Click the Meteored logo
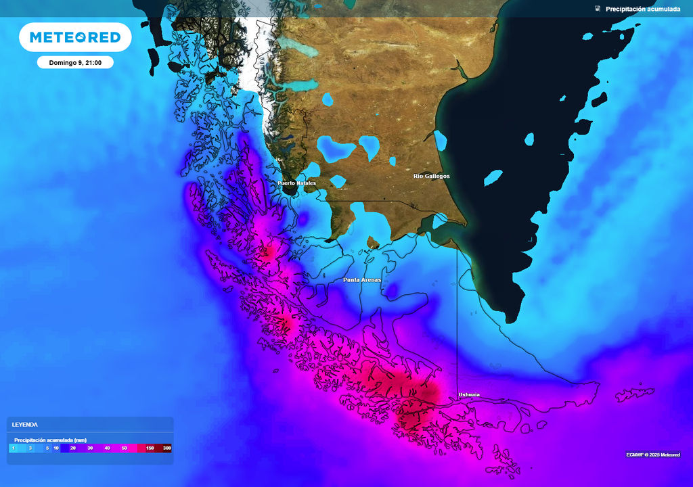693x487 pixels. click(75, 37)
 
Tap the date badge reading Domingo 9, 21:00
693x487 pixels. click(75, 62)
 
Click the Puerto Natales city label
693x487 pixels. click(296, 183)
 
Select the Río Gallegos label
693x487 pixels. click(432, 176)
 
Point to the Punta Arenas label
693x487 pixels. click(362, 279)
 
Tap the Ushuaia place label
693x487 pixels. click(469, 394)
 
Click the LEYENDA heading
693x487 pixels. click(25, 425)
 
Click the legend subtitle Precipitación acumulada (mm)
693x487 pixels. click(51, 440)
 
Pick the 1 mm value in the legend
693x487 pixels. click(14, 448)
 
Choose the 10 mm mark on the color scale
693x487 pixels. click(56, 448)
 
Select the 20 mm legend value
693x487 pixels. click(72, 448)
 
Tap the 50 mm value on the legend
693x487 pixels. click(125, 448)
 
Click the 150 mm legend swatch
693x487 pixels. click(150, 448)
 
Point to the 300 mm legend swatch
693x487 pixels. click(166, 448)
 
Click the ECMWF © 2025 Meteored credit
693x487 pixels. click(653, 455)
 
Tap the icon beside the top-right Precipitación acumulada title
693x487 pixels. click(598, 9)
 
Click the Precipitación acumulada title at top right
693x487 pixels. click(643, 9)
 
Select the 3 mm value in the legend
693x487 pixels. click(30, 448)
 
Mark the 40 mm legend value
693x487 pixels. click(107, 448)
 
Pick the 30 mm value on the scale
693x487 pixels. click(90, 448)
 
